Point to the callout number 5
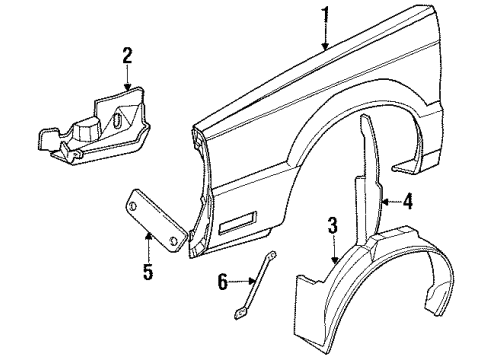click(x=148, y=270)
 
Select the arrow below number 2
click(x=127, y=80)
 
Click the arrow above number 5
click(x=148, y=245)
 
